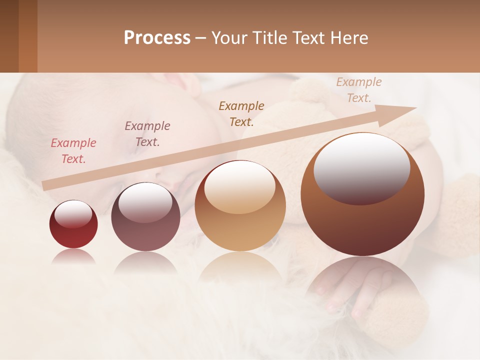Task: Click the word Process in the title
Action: pyautogui.click(x=157, y=38)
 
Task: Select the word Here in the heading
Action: pyautogui.click(x=349, y=38)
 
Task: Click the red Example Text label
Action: pyautogui.click(x=73, y=150)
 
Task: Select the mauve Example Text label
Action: pyautogui.click(x=147, y=133)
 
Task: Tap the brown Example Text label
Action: pyautogui.click(x=241, y=113)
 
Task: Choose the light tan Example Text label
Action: pyautogui.click(x=359, y=89)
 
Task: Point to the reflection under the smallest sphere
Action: pyautogui.click(x=73, y=256)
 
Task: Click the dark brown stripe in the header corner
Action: pyautogui.click(x=9, y=36)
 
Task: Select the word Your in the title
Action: pyautogui.click(x=229, y=38)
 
